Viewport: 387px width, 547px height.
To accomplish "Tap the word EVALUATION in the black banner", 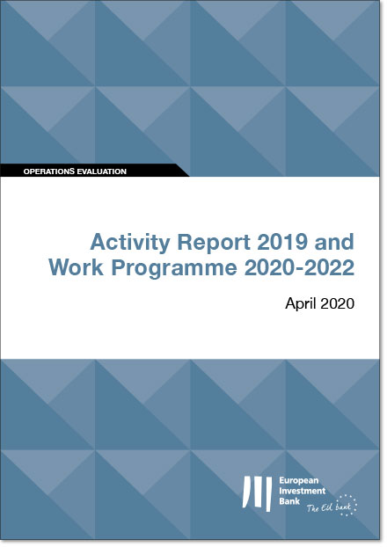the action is pyautogui.click(x=101, y=171).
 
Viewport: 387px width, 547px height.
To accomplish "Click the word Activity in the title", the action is pyautogui.click(x=130, y=243).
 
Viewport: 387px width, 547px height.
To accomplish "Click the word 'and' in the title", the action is pyautogui.click(x=334, y=242).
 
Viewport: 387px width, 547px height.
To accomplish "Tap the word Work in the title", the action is pyautogui.click(x=76, y=267).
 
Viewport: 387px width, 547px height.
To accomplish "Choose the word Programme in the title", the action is pyautogui.click(x=174, y=269).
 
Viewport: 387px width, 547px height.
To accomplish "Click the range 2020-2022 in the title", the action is pyautogui.click(x=299, y=267).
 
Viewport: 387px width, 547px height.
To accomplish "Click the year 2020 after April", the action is pyautogui.click(x=337, y=303).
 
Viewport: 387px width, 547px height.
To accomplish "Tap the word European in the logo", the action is pyautogui.click(x=299, y=481).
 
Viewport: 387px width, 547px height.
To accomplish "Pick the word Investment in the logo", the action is pyautogui.click(x=303, y=491).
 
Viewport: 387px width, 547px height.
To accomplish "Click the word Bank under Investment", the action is pyautogui.click(x=289, y=501).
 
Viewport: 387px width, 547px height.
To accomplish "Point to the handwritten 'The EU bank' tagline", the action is pyautogui.click(x=329, y=507).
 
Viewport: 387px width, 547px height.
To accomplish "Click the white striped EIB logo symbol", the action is pyautogui.click(x=258, y=493).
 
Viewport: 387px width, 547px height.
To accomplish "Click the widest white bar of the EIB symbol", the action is pyautogui.click(x=268, y=494).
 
